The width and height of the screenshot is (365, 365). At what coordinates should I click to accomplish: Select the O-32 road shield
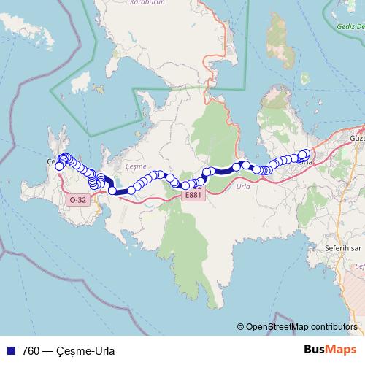tap(77, 199)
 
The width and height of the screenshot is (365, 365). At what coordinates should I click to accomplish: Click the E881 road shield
tap(193, 195)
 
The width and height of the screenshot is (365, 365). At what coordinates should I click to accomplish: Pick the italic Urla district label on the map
tap(244, 186)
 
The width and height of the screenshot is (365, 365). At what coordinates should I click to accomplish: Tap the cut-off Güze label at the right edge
tap(357, 137)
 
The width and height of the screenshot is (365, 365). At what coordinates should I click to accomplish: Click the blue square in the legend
tap(11, 350)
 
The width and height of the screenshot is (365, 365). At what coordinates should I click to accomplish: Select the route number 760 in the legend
tap(31, 350)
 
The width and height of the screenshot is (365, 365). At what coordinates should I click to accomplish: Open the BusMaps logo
tap(331, 349)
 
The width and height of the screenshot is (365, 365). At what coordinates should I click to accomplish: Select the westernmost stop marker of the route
tap(59, 166)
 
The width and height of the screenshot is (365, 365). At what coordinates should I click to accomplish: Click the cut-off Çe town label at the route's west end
tap(50, 161)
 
